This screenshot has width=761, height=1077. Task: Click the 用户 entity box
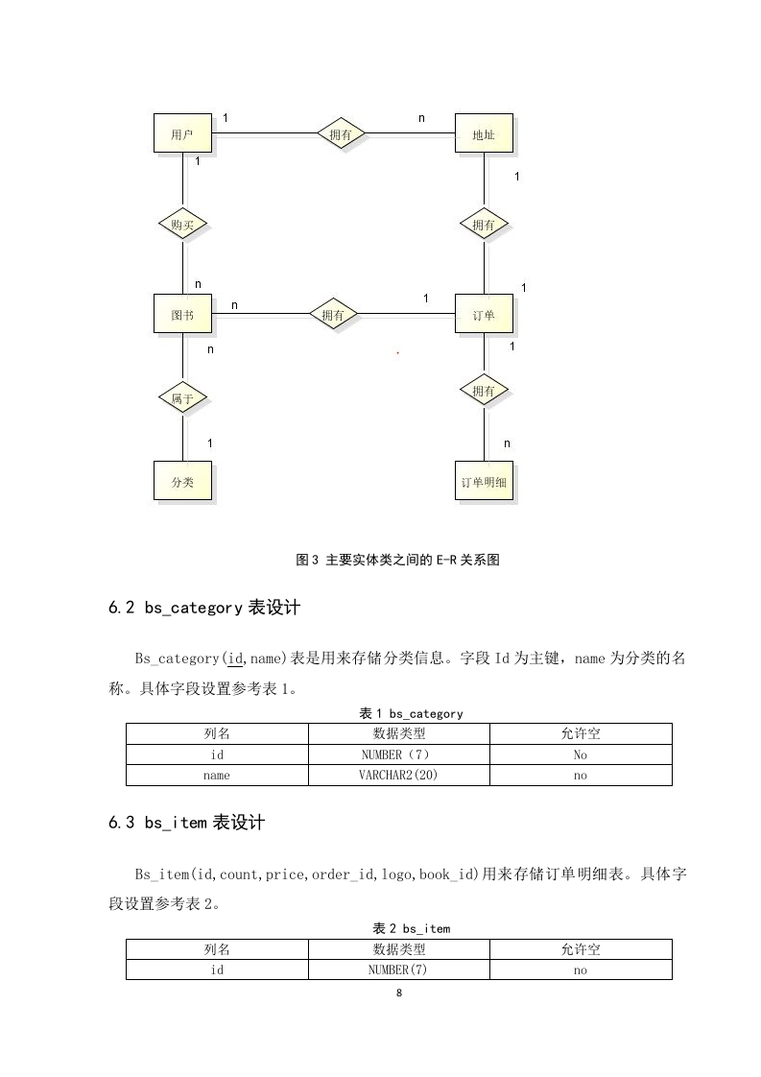[x=182, y=133]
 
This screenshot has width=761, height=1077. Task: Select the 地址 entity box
[x=484, y=133]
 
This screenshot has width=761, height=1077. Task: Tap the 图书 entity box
[x=182, y=314]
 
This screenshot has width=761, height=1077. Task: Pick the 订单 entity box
[x=484, y=314]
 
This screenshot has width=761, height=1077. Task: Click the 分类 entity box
[x=182, y=481]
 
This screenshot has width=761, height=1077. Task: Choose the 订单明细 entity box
[x=484, y=481]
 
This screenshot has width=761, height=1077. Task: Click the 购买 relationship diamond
[x=182, y=224]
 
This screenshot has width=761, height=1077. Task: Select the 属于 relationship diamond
[x=182, y=397]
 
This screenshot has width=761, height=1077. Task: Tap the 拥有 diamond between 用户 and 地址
[x=340, y=134]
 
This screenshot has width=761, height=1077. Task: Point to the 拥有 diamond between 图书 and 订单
[x=332, y=315]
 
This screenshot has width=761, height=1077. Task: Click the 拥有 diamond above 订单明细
[x=484, y=391]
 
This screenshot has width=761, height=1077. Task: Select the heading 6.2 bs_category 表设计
[x=204, y=608]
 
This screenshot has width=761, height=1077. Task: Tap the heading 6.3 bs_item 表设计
[x=186, y=823]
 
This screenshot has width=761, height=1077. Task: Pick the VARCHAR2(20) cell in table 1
[x=398, y=776]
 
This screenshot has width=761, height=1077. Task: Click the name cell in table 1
[x=216, y=776]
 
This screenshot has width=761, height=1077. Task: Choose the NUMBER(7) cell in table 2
[x=398, y=969]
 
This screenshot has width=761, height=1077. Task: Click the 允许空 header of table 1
[x=581, y=733]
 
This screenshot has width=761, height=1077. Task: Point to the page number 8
[x=399, y=993]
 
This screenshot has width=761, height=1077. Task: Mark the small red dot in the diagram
[x=397, y=353]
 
